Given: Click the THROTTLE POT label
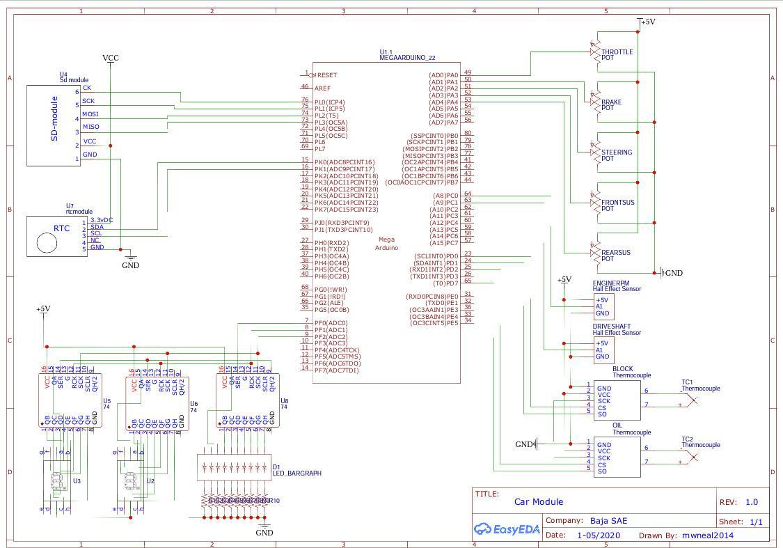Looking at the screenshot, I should tap(617, 55).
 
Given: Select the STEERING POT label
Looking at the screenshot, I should tap(617, 155).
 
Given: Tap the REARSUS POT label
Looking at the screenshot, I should tap(615, 256).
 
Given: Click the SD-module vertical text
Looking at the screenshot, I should tap(54, 119).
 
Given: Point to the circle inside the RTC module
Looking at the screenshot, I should tap(47, 242).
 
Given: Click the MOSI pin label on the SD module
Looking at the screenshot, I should tap(90, 114).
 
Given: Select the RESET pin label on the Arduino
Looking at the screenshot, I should tap(326, 75).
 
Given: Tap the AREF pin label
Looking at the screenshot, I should tap(323, 88).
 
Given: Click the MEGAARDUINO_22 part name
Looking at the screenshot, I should tap(407, 58).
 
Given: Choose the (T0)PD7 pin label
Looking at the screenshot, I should tap(445, 283).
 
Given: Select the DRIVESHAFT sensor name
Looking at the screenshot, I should tap(612, 327).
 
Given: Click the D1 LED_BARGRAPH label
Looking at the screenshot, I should tap(296, 470).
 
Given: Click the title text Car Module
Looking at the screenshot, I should tap(538, 502).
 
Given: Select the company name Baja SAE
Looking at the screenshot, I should tap(608, 521).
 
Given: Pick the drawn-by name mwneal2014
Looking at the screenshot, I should tap(707, 535).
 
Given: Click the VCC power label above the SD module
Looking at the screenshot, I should tap(110, 58).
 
